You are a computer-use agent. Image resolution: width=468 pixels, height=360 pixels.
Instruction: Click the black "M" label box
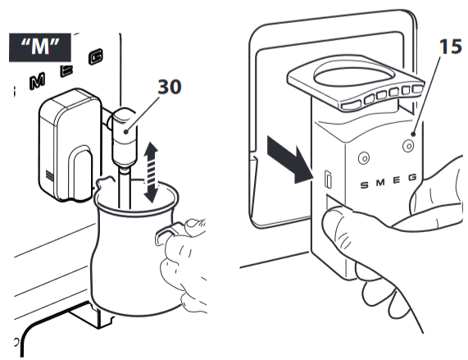pyautogui.click(x=40, y=48)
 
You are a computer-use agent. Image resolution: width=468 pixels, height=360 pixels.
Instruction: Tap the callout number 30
pyautogui.click(x=169, y=87)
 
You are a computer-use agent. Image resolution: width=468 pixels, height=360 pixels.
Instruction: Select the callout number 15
pyautogui.click(x=451, y=47)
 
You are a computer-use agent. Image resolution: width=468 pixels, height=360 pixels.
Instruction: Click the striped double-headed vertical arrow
pyautogui.click(x=151, y=172)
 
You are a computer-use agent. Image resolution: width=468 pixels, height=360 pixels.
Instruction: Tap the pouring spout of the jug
pyautogui.click(x=104, y=181)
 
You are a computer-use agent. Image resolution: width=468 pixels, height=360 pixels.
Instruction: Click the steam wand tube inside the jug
pyautogui.click(x=125, y=188)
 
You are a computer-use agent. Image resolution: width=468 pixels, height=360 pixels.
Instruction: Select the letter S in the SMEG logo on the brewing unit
pyautogui.click(x=364, y=185)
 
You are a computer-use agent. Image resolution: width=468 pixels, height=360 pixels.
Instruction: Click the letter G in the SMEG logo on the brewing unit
pyautogui.click(x=412, y=178)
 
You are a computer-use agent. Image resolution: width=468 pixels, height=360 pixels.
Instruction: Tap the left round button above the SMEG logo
pyautogui.click(x=364, y=158)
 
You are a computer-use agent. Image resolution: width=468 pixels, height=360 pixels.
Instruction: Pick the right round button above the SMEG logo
pyautogui.click(x=408, y=146)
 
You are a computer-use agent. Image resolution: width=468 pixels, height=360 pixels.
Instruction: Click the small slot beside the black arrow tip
pyautogui.click(x=328, y=180)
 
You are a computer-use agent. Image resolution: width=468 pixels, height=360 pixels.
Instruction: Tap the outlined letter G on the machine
pyautogui.click(x=96, y=57)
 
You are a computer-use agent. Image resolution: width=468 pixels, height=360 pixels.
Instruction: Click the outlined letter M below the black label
pyautogui.click(x=38, y=81)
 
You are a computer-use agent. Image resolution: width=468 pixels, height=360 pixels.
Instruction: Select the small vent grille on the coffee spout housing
pyautogui.click(x=49, y=175)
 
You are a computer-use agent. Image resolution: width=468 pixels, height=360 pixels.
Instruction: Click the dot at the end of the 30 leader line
pyautogui.click(x=127, y=131)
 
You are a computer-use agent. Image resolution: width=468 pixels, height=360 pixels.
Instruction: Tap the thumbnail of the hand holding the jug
pyautogui.click(x=193, y=223)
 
